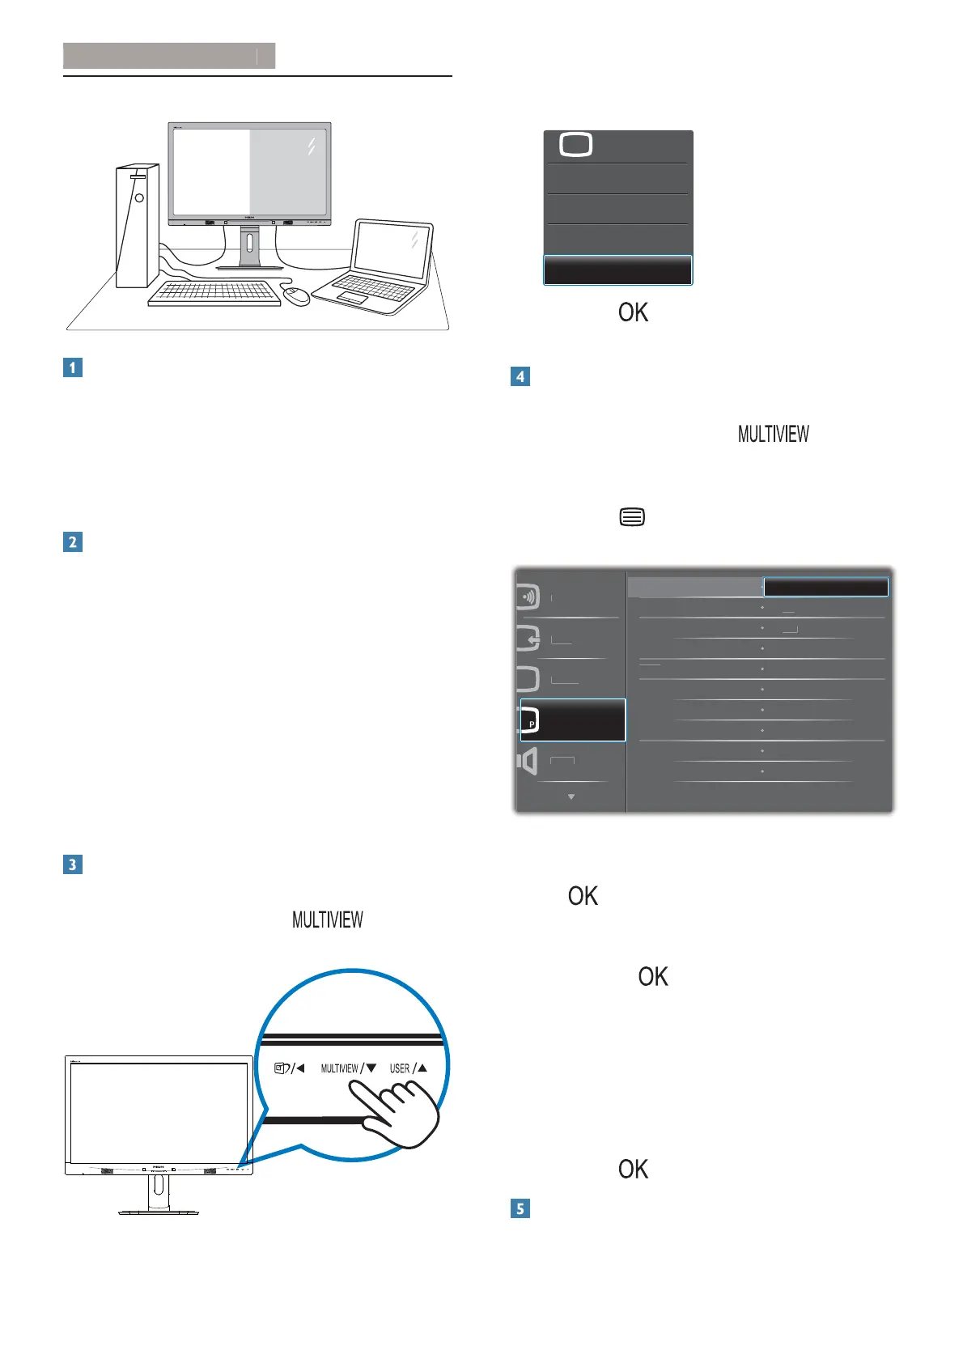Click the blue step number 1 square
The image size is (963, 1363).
tap(73, 367)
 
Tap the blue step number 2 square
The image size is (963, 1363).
tap(73, 541)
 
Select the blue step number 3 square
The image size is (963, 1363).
tap(73, 864)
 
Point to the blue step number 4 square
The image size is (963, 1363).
tap(520, 376)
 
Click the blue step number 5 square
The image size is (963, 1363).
tap(520, 1209)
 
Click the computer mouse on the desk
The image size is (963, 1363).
tap(297, 295)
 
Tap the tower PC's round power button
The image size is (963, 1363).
tap(139, 197)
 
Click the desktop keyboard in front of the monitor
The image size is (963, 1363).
tap(214, 293)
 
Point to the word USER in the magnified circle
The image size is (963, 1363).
tap(400, 1068)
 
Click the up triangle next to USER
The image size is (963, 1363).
tap(422, 1068)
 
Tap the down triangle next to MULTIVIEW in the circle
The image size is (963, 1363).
tap(371, 1068)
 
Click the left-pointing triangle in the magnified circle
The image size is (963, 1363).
tap(300, 1068)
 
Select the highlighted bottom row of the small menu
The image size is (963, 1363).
tap(617, 270)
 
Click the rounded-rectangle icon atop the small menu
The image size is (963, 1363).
tap(575, 146)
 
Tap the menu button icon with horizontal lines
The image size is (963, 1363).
tap(632, 517)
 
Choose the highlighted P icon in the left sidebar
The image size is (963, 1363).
tap(573, 720)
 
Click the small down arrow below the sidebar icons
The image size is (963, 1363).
tap(571, 797)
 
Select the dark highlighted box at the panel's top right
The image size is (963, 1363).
tap(825, 587)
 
